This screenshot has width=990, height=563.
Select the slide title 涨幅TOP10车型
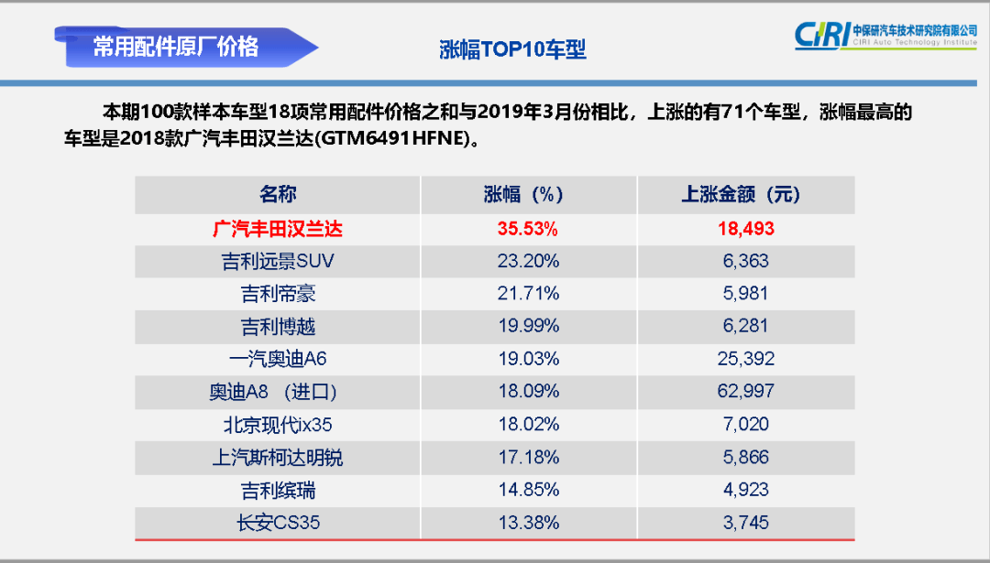coord(512,49)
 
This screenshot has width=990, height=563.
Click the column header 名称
coord(278,194)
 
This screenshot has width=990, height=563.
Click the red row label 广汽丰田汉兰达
coord(278,228)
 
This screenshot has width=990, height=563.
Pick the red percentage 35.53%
coord(527,228)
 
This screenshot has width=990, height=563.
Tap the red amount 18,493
coord(745,228)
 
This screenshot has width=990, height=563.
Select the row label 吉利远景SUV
coord(278,261)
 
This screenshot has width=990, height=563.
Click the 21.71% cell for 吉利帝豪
coord(527,294)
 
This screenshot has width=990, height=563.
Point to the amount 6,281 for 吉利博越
coord(745,326)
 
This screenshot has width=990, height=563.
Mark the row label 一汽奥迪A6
coord(278,359)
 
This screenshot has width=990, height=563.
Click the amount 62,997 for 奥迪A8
coord(745,392)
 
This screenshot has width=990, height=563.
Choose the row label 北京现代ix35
coord(278,425)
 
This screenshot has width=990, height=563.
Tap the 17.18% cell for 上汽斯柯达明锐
coord(527,457)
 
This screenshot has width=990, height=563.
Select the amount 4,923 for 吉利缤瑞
coord(745,490)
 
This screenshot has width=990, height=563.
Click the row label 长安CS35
coord(278,523)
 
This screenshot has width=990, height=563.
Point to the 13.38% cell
coord(527,523)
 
